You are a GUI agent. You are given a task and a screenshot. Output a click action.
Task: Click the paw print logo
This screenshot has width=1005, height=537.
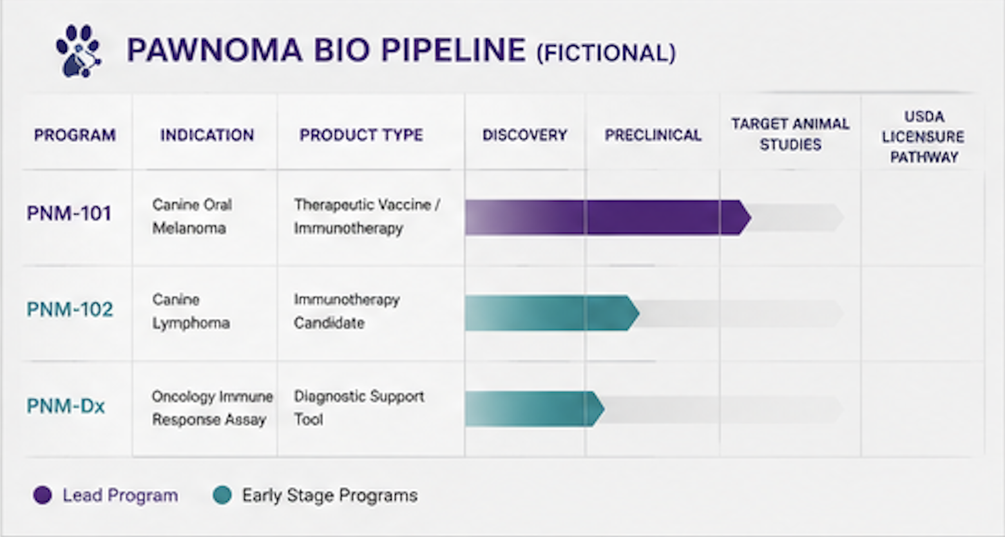pyautogui.click(x=79, y=51)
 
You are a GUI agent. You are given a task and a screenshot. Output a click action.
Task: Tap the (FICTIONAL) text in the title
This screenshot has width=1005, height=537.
pyautogui.click(x=606, y=53)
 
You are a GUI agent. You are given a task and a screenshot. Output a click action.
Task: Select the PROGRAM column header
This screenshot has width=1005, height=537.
pyautogui.click(x=75, y=135)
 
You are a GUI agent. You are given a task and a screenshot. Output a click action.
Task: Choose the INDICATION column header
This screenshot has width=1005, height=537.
pyautogui.click(x=207, y=135)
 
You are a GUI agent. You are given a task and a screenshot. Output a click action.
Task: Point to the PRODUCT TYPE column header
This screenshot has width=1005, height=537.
pyautogui.click(x=361, y=135)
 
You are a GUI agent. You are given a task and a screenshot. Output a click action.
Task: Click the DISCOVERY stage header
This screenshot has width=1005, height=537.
pyautogui.click(x=525, y=135)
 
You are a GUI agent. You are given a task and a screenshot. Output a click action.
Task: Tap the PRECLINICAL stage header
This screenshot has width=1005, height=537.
pyautogui.click(x=653, y=135)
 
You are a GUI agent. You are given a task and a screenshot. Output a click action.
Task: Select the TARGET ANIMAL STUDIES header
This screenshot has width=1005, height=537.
pyautogui.click(x=790, y=134)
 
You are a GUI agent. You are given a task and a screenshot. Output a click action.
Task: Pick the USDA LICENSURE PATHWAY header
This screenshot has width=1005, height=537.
pyautogui.click(x=923, y=137)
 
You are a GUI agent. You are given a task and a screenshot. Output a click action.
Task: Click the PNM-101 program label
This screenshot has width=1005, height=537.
pyautogui.click(x=69, y=213)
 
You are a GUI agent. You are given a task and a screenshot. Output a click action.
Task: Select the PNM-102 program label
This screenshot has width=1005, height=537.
pyautogui.click(x=70, y=309)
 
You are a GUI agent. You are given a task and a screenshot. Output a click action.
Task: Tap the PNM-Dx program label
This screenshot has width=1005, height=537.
pyautogui.click(x=66, y=406)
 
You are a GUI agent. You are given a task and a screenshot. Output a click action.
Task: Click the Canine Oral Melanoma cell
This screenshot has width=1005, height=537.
pyautogui.click(x=192, y=216)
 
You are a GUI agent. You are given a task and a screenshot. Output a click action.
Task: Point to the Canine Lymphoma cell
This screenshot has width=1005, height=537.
pyautogui.click(x=191, y=311)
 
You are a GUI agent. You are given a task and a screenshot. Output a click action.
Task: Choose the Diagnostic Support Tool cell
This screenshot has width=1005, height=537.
pyautogui.click(x=359, y=408)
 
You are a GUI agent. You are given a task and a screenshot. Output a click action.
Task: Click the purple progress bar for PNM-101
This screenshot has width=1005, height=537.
pyautogui.click(x=608, y=218)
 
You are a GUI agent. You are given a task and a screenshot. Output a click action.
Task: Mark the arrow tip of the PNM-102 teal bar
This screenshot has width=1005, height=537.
pyautogui.click(x=639, y=313)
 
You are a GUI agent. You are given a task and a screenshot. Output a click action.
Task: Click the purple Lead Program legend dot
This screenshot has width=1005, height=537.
pyautogui.click(x=43, y=495)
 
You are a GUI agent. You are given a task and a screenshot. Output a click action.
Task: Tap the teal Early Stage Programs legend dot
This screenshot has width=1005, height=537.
pyautogui.click(x=222, y=495)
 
